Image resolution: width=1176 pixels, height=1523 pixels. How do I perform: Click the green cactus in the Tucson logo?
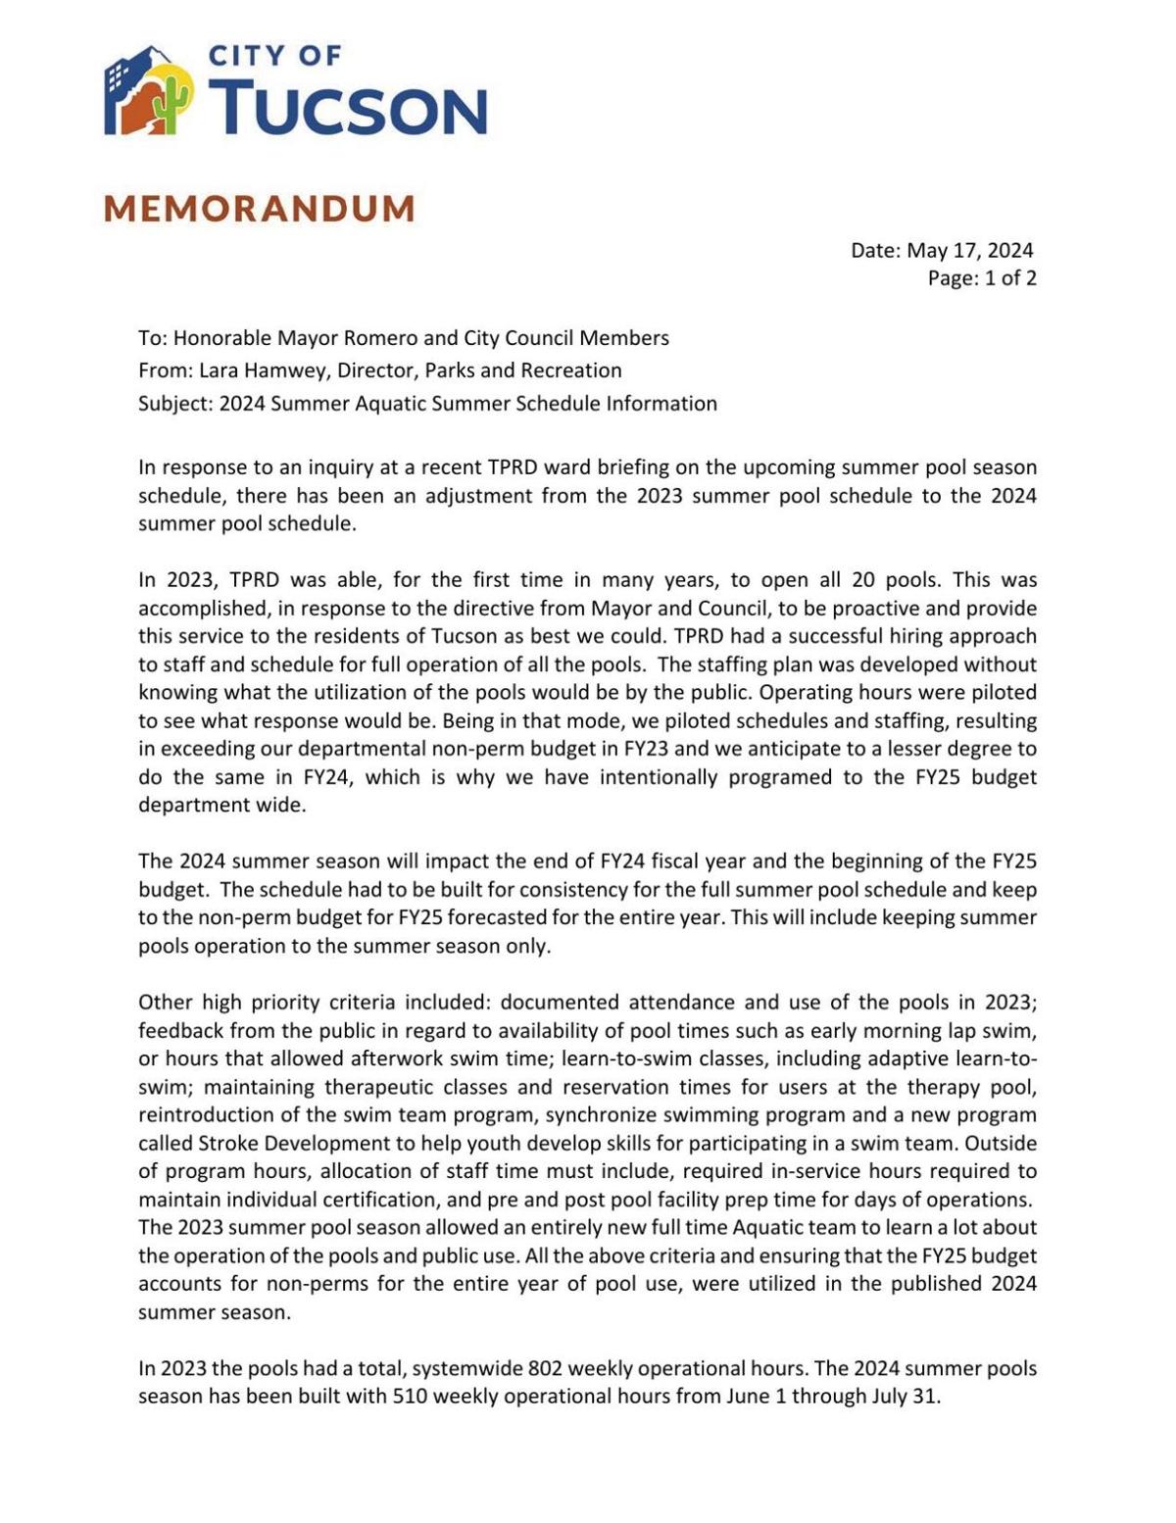click(172, 103)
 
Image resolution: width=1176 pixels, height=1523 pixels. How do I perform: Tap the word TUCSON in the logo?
click(348, 108)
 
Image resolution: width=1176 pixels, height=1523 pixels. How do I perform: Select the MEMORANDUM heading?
click(260, 209)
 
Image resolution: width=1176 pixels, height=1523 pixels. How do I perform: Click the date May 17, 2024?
click(969, 251)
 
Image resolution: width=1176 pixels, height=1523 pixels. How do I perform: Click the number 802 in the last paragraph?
click(545, 1369)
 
